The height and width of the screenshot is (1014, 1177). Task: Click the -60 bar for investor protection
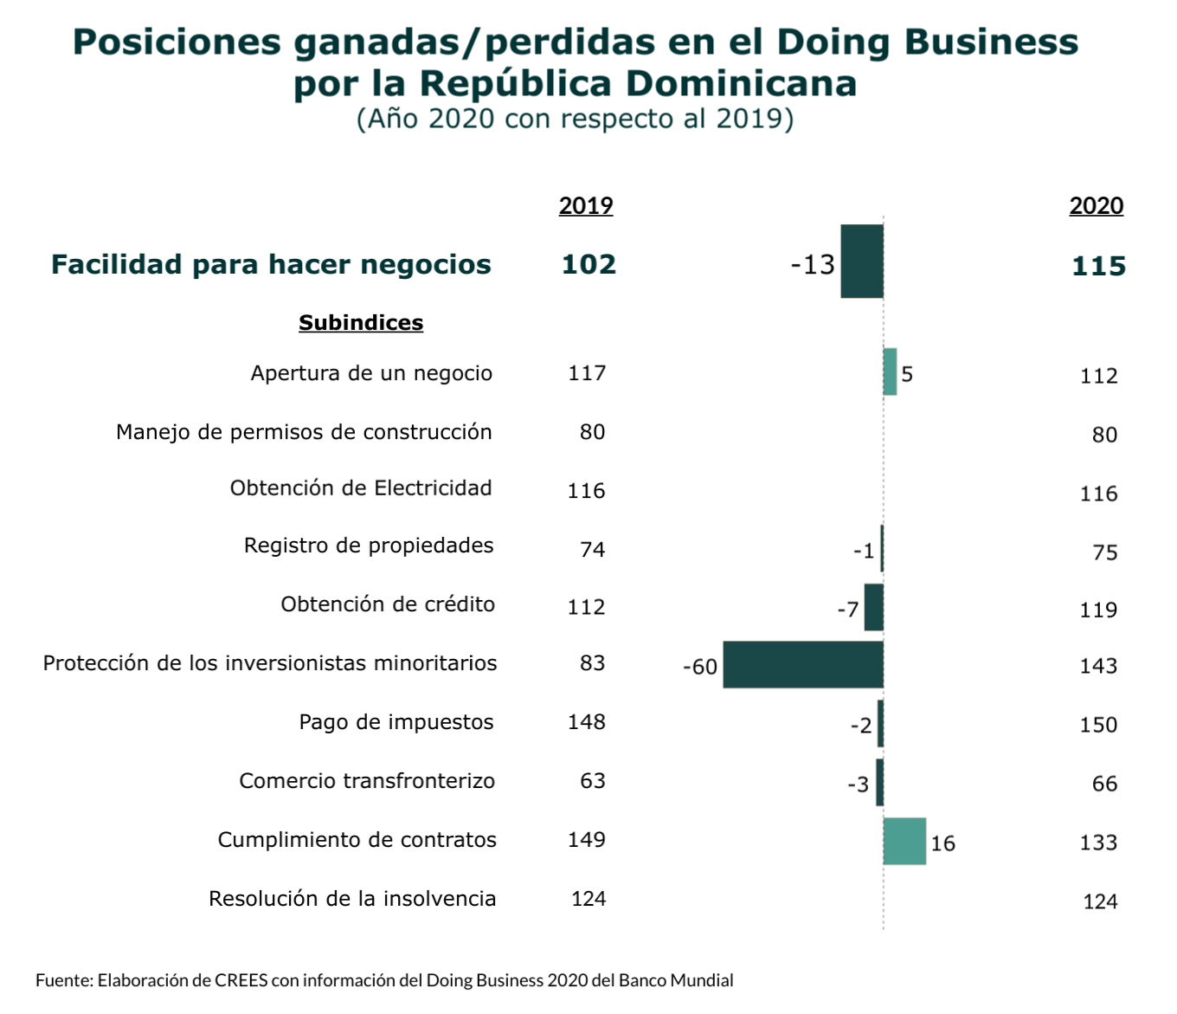coord(802,665)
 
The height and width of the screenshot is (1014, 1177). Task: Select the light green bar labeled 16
coord(904,841)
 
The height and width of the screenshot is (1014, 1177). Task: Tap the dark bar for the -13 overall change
coord(862,262)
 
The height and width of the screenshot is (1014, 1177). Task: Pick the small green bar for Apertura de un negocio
coord(890,372)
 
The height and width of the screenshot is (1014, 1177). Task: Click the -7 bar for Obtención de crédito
coord(873,607)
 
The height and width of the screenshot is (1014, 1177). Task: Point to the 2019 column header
coord(586,206)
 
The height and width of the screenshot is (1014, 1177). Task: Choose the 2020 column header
coord(1096,206)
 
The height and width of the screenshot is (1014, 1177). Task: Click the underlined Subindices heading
coord(361,323)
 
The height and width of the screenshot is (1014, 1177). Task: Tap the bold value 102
coord(588,264)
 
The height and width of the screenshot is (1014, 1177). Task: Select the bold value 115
coord(1098,266)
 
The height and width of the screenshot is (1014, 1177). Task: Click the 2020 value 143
coord(1098,666)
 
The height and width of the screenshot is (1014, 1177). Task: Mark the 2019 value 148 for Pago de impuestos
coord(586,722)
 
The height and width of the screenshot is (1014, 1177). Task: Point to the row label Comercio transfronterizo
coord(367,781)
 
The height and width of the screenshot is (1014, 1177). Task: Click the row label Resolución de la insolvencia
coord(352,899)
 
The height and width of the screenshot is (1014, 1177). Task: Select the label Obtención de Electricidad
coord(361,488)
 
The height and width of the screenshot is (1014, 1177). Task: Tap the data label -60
coord(700,667)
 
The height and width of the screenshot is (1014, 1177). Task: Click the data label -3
coord(858,785)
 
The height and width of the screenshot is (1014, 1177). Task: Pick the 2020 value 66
coord(1104,784)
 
